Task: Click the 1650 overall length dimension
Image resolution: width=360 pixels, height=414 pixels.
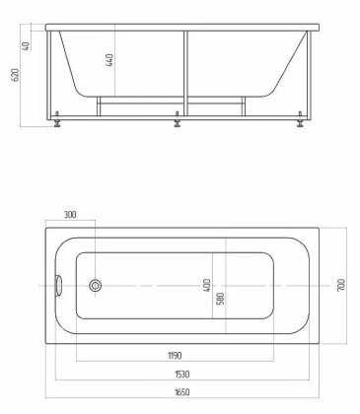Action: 181,392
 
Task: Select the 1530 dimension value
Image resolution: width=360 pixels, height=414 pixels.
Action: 181,374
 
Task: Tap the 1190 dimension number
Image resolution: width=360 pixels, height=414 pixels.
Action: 175,356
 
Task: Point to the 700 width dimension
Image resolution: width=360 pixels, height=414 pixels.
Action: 341,285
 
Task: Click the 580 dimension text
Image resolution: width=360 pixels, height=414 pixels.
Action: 221,299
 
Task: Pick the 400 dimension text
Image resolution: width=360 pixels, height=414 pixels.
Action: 206,286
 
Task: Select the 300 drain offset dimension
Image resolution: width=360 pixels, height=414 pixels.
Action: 70,215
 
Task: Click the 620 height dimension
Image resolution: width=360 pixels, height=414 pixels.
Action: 16,75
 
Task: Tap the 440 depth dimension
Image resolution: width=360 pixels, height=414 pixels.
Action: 109,60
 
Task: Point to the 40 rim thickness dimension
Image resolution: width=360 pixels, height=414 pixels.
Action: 27,46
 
